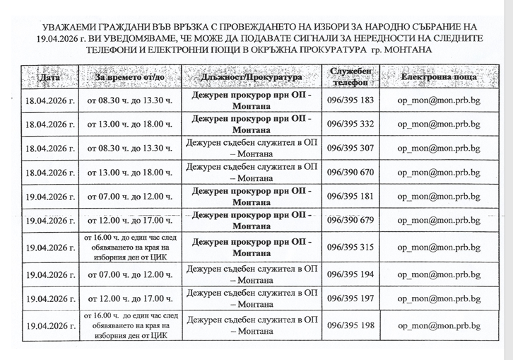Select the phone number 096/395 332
351,124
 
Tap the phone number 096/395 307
351,148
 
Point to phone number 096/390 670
351,172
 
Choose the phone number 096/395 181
351,196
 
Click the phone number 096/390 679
351,220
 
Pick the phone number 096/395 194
351,274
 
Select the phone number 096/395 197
351,298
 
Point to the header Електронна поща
433,76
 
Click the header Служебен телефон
351,76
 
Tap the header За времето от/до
129,76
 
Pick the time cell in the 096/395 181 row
129,196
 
